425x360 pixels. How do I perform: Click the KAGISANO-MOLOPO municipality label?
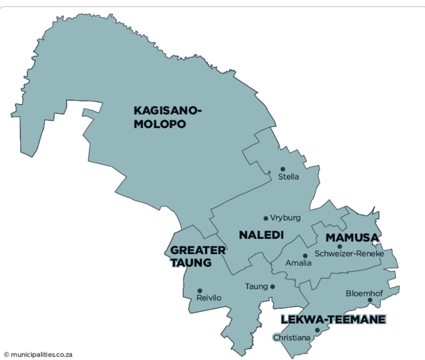point(167,117)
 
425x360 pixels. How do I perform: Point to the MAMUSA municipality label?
point(353,238)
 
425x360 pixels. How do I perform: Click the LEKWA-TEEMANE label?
point(333,319)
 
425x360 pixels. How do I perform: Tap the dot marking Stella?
point(283,169)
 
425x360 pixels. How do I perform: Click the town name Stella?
point(289,177)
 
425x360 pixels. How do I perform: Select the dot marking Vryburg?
point(266,218)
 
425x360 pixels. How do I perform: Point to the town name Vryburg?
point(285,218)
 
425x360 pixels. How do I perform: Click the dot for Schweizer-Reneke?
point(339,246)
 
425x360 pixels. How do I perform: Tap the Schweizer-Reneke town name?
point(349,253)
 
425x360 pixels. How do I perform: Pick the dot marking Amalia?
point(305,256)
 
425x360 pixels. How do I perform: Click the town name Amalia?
point(299,263)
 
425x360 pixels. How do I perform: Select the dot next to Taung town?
point(272,287)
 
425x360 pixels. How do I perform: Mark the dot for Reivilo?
point(200,291)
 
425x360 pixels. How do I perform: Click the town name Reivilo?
point(209,298)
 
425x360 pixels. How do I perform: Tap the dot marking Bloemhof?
point(370,300)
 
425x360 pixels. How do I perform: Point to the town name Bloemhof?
point(364,293)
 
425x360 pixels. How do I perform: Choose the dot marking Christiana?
point(317,330)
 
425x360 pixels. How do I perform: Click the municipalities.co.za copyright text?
point(38,354)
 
